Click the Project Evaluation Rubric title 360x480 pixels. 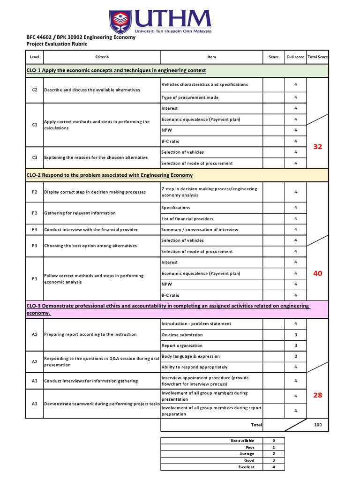[x=57, y=44]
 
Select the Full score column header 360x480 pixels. [x=295, y=57]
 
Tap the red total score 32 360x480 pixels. [x=317, y=147]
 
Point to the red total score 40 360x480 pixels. [x=317, y=273]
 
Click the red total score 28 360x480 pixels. [x=317, y=395]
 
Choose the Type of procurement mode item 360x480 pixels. [x=190, y=97]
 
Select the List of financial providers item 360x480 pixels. [x=187, y=219]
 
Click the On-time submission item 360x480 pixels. [x=182, y=335]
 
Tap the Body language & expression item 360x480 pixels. [x=190, y=356]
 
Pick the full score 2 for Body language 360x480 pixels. [x=295, y=356]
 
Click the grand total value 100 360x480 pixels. [x=318, y=425]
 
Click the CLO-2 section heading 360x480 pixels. [x=109, y=175]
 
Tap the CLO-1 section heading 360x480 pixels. [x=116, y=70]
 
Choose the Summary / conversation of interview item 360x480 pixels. [x=200, y=230]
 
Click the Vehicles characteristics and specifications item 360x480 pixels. [x=204, y=84]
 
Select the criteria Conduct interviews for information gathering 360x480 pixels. [x=91, y=381]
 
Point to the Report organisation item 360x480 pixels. [x=182, y=345]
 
